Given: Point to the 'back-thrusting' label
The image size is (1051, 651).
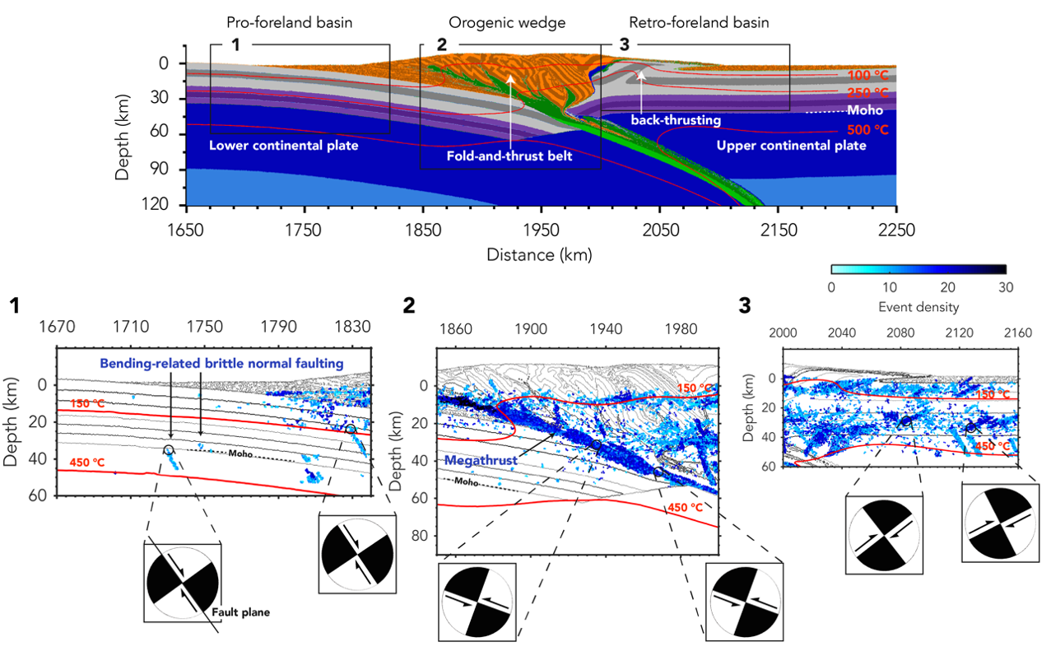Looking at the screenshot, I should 676,120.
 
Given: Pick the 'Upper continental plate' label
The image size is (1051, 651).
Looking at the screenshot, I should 791,146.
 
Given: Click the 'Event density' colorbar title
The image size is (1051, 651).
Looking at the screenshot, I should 918,307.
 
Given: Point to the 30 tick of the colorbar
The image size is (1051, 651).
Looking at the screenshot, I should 1005,287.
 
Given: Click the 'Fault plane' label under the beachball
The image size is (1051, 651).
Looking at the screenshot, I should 247,612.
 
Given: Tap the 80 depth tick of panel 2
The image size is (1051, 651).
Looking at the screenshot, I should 420,536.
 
